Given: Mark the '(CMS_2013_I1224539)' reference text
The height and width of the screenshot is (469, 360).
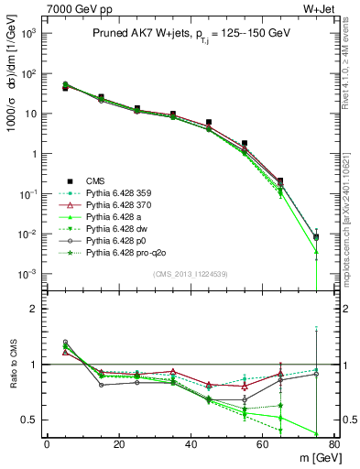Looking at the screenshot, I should [190, 274].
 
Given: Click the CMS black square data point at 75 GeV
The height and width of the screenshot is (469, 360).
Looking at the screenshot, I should [316, 237].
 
